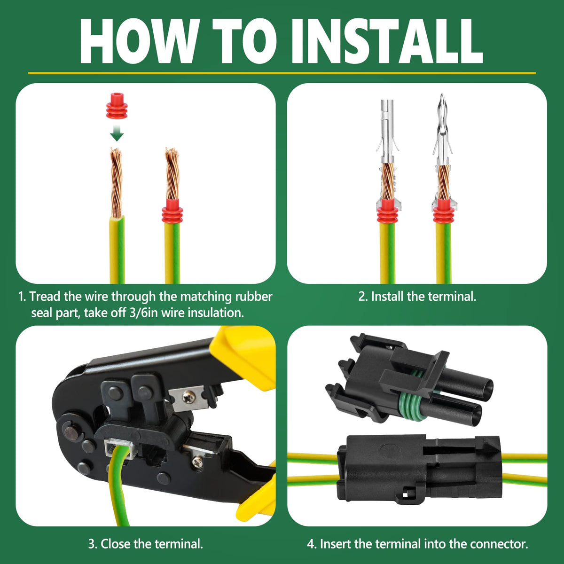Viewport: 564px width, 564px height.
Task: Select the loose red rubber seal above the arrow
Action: tap(117, 106)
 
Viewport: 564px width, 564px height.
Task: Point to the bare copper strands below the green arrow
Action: tap(116, 182)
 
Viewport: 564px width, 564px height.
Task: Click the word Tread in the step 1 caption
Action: tap(45, 297)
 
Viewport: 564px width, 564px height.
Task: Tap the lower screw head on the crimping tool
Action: tap(197, 462)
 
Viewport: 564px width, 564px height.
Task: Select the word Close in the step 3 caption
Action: tap(115, 544)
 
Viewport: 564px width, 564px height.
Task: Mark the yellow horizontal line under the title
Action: tap(282, 73)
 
